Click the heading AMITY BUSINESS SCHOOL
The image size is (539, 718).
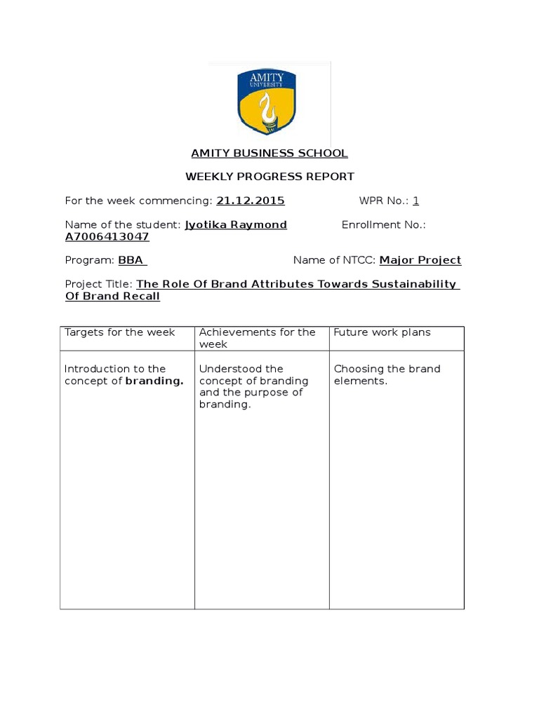point(269,154)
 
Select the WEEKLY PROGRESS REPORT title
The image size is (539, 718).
point(269,177)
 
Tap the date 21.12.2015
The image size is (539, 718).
point(251,201)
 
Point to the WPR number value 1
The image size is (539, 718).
point(415,201)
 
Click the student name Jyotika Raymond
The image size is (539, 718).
point(236,225)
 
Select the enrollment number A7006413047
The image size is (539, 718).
point(107,237)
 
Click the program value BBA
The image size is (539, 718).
point(131,260)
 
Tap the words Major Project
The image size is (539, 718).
point(420,260)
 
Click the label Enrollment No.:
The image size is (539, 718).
point(383,225)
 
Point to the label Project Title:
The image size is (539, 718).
point(98,284)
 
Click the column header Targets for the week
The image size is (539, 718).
point(120,332)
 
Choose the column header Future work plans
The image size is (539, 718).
point(382,332)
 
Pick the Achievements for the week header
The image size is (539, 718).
point(257,338)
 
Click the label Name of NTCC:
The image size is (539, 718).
point(335,260)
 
